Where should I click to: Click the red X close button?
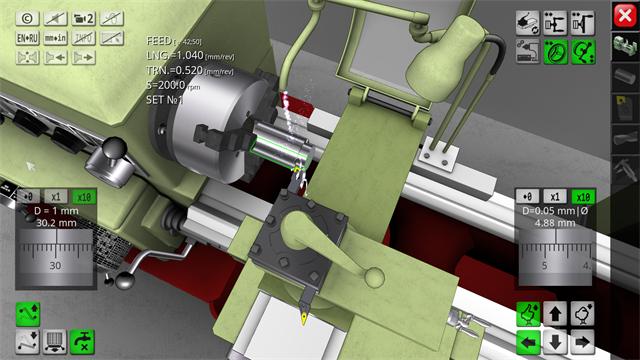[x=623, y=14]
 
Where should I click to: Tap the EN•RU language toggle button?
[x=28, y=37]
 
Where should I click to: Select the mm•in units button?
[x=56, y=37]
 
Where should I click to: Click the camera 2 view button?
[x=85, y=17]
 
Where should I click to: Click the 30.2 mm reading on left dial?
[x=55, y=224]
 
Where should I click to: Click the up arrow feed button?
[x=556, y=315]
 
